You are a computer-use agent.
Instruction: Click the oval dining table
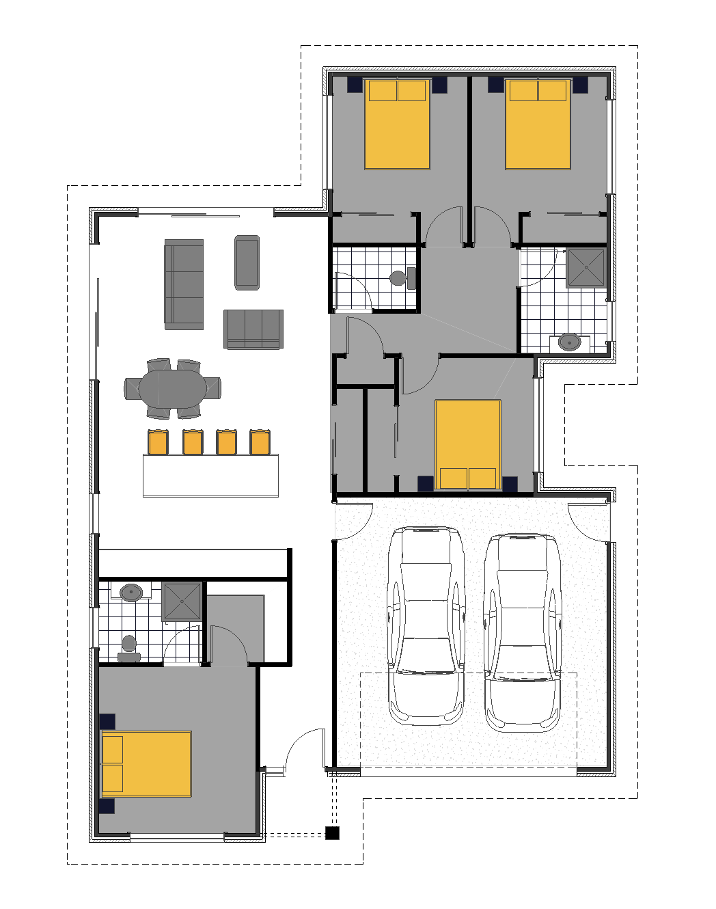tap(172, 389)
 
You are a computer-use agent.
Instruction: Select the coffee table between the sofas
tap(247, 262)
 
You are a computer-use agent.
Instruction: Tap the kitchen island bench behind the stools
tap(210, 475)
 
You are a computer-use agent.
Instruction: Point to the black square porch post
tap(332, 832)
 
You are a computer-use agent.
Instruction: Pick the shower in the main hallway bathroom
tap(586, 268)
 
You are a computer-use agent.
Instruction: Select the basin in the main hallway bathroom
tap(568, 342)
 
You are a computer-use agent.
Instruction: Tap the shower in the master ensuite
tap(183, 601)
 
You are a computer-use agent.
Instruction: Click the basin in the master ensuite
tap(130, 592)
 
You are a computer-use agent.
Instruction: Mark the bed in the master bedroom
tap(146, 763)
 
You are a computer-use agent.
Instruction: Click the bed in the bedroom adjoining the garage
tap(468, 445)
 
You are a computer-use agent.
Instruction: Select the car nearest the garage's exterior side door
tap(523, 632)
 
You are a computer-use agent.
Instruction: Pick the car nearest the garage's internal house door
tap(426, 625)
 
